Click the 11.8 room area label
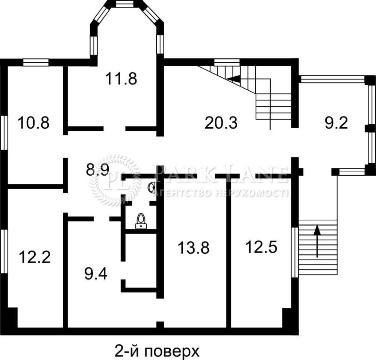[121, 79]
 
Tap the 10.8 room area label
[33, 123]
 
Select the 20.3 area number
[221, 123]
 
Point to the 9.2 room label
[336, 123]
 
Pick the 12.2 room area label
[35, 257]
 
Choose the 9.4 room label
[96, 273]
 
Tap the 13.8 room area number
[194, 248]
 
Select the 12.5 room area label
[261, 247]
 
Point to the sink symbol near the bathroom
[152, 187]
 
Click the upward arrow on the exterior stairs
[317, 241]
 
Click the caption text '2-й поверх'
[157, 351]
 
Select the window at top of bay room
[124, 4]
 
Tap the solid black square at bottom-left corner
[12, 317]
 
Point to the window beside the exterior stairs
[295, 252]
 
